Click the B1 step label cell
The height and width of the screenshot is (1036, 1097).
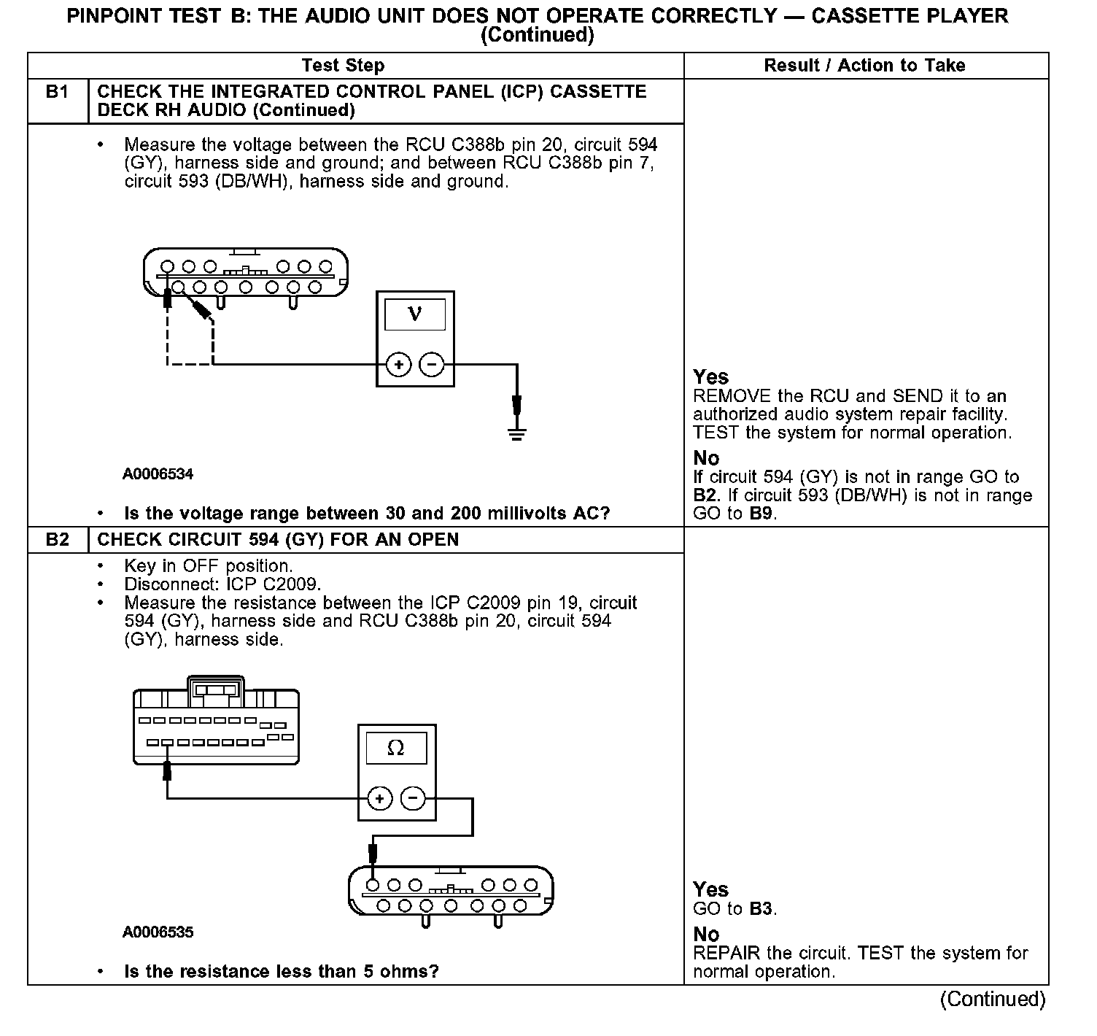(57, 93)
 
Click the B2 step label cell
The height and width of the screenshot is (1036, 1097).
(57, 540)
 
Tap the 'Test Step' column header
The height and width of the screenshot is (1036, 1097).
(343, 66)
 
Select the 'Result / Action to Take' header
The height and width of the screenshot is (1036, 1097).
(864, 66)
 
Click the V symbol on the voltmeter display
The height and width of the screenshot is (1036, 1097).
(414, 314)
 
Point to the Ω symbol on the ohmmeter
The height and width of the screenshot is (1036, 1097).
(395, 748)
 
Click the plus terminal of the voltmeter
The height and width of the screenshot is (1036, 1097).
(398, 364)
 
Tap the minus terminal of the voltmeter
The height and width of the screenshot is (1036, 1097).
(432, 364)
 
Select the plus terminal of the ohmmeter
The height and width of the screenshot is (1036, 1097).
(379, 799)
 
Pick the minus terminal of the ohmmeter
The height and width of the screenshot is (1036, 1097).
(414, 799)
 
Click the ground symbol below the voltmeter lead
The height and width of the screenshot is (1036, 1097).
(516, 435)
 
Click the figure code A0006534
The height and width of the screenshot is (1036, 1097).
(158, 474)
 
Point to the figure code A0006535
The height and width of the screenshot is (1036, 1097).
(158, 932)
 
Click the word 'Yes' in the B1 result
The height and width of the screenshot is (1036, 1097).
(710, 377)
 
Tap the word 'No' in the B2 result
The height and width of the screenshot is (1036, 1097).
(706, 935)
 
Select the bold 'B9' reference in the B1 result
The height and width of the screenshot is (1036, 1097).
(764, 514)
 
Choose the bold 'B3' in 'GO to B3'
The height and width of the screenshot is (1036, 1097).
(761, 909)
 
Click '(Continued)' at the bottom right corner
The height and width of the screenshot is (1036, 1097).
(992, 999)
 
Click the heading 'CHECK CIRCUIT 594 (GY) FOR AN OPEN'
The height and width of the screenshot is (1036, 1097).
(278, 540)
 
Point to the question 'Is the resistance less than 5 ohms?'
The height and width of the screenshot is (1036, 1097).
(282, 972)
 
